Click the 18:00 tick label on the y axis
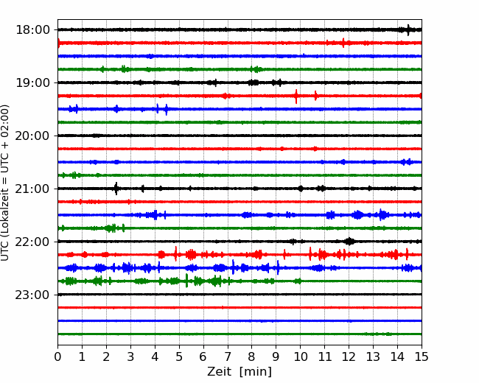32,30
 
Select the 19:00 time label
32,82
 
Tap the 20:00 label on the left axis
32,136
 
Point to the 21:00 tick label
32,189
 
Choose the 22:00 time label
32,242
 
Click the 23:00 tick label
32,295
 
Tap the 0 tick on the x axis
57,356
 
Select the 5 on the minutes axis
179,356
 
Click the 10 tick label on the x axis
300,356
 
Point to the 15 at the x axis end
422,356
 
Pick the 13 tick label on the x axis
373,356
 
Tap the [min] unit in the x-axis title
256,372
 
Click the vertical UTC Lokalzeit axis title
4,183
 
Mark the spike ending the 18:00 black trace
408,30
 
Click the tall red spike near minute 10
296,96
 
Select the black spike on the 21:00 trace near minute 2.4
116,189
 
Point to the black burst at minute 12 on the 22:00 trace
349,242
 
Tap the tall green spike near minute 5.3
186,281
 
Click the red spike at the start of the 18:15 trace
59,43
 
